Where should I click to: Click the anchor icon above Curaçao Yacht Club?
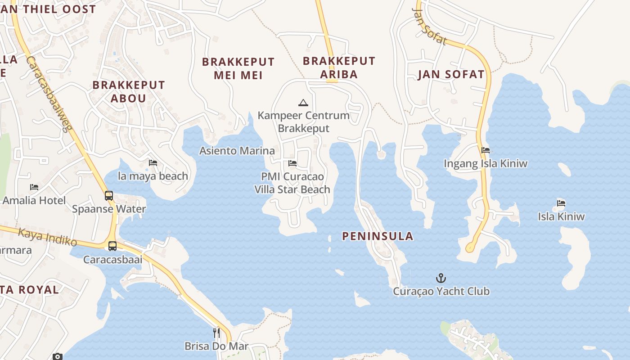click(x=441, y=278)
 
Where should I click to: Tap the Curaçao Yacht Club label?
click(x=441, y=291)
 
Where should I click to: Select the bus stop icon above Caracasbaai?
click(x=112, y=246)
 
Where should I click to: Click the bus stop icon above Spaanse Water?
click(x=109, y=195)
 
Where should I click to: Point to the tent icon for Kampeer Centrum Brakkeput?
click(x=303, y=103)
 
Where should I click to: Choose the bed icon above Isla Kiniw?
click(x=561, y=203)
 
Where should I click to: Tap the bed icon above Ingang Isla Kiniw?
click(x=485, y=150)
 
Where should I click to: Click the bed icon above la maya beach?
click(x=153, y=162)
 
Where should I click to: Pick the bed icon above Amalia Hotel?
click(x=34, y=187)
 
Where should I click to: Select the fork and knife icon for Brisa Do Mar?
click(x=216, y=333)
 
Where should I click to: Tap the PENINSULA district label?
click(x=378, y=236)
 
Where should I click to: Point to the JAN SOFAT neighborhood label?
click(x=451, y=74)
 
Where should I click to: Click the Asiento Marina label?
click(x=237, y=150)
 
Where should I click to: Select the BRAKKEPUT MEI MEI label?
click(x=238, y=68)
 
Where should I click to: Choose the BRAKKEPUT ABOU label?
click(x=129, y=91)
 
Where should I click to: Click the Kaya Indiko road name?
click(x=48, y=237)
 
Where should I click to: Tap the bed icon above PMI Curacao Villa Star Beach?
click(x=292, y=163)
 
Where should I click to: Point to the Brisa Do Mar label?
click(x=216, y=346)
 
